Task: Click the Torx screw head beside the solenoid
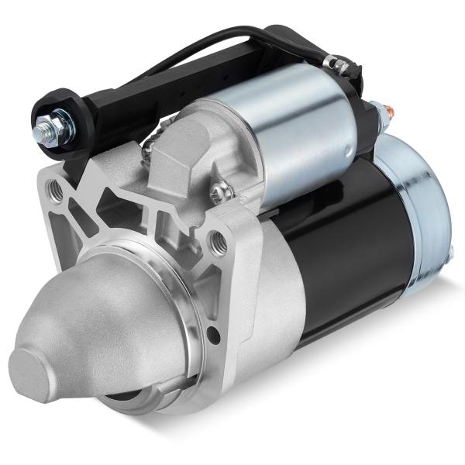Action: point(220,188)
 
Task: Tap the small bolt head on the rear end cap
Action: point(451,252)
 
